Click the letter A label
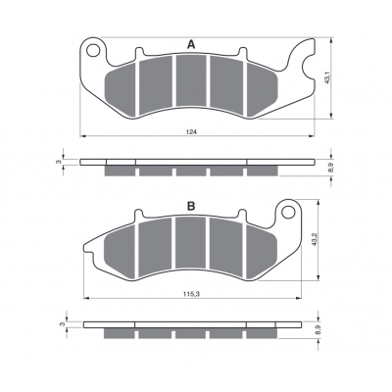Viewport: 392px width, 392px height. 191,45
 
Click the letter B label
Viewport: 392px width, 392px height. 191,206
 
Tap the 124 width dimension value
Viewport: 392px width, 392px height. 190,131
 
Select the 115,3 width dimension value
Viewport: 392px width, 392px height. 193,294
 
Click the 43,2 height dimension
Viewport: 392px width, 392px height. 316,239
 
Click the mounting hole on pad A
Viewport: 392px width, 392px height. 93,51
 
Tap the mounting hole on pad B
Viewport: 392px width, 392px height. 288,212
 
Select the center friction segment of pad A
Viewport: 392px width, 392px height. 191,80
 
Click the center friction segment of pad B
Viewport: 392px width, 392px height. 191,243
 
